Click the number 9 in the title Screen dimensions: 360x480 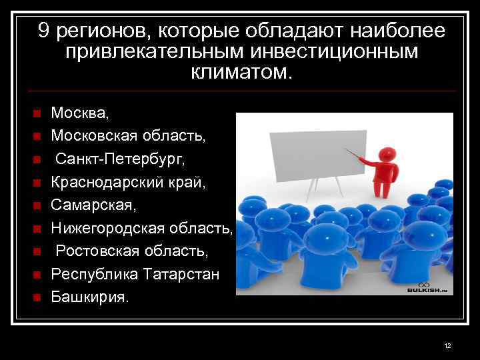tap(44, 31)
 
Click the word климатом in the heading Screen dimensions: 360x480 tap(241, 72)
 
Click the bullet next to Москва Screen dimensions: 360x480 tap(37, 114)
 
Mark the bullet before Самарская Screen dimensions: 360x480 tap(37, 205)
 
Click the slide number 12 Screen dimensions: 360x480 tap(447, 345)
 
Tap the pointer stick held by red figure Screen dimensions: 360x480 tap(358, 155)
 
